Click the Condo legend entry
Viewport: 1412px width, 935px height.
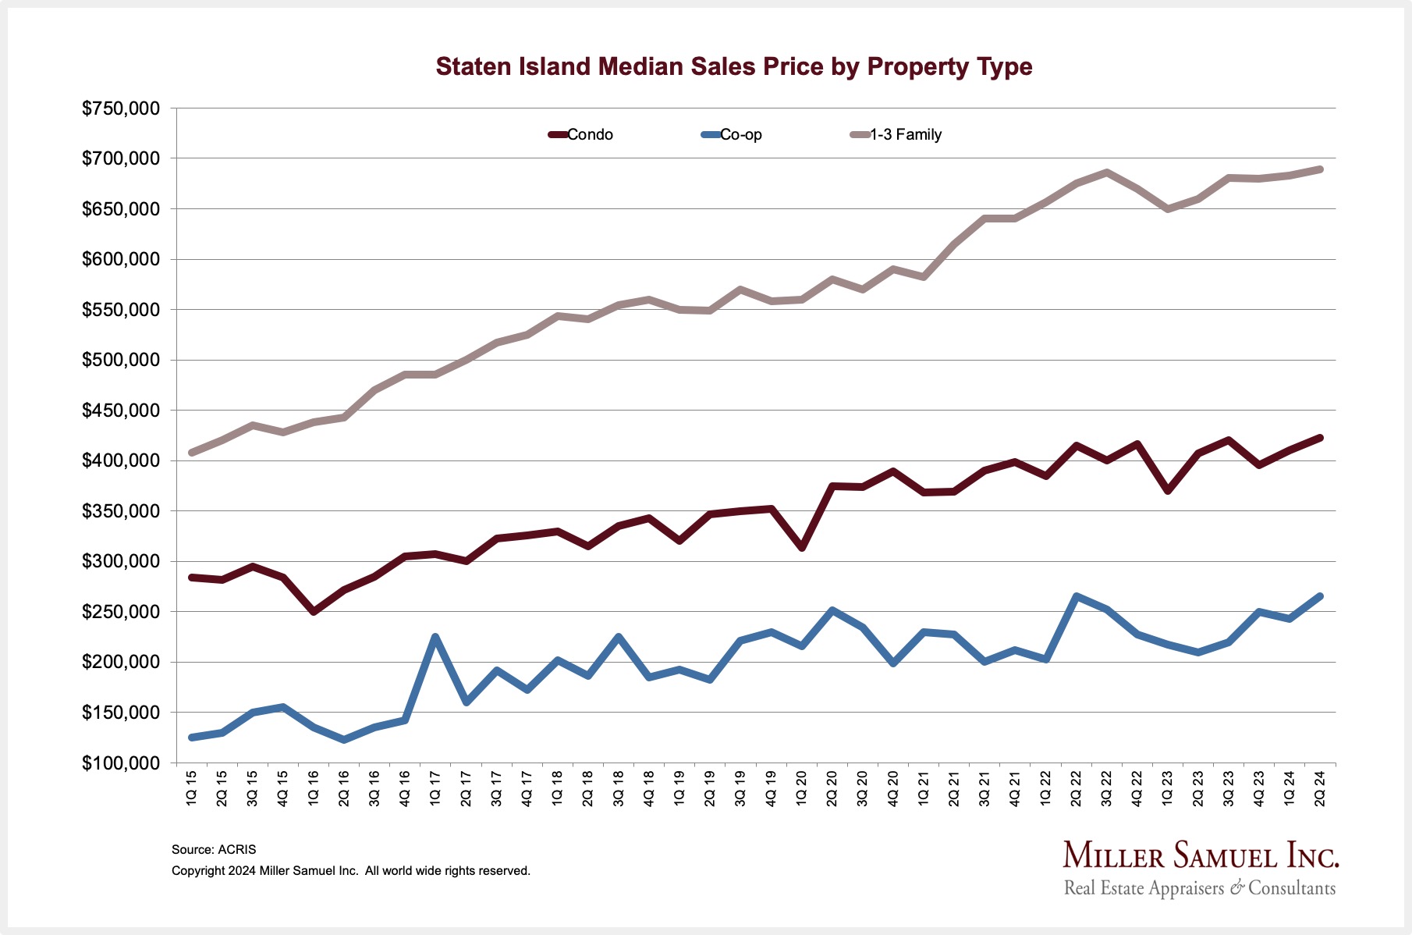coord(581,134)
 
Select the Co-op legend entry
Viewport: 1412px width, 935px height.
coord(732,134)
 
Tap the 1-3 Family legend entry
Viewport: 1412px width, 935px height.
coord(896,134)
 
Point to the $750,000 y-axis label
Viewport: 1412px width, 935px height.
coord(121,108)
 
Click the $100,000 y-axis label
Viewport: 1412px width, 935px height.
coord(121,763)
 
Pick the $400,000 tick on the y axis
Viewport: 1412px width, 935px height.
coord(121,460)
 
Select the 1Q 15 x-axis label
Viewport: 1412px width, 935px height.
coord(192,788)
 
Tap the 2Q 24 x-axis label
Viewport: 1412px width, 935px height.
coord(1320,788)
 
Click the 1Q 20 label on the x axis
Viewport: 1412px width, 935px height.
coord(802,788)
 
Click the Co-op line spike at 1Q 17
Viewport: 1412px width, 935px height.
coord(435,637)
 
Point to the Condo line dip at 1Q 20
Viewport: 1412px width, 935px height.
coord(802,548)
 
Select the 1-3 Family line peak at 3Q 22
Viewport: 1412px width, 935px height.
coord(1106,172)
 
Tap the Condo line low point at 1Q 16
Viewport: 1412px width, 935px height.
coord(314,611)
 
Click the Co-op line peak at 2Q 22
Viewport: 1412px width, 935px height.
coord(1077,597)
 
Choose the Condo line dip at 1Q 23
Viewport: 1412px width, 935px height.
coord(1167,490)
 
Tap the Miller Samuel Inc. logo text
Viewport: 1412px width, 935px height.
coord(1201,856)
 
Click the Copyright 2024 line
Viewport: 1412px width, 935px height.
coord(350,870)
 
